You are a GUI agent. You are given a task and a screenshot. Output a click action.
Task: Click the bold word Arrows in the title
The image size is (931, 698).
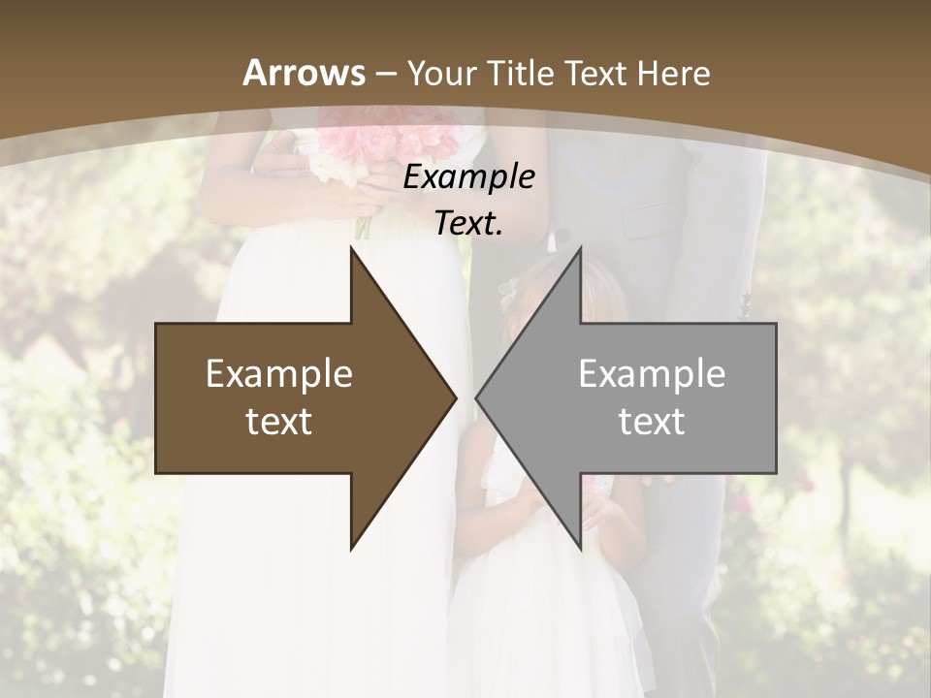coord(305,73)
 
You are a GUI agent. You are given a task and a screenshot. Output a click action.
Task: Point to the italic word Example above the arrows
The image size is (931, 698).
coord(468,176)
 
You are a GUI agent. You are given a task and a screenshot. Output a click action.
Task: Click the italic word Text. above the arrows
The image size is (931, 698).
coord(468,223)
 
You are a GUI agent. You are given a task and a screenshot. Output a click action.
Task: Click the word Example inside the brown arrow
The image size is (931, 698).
coord(279,374)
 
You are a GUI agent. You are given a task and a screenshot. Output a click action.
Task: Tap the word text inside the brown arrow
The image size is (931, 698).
coord(279,422)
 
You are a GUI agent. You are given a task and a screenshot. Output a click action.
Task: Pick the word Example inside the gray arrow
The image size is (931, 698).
coord(652,374)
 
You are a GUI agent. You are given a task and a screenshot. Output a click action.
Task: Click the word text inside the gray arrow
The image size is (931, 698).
coord(652,422)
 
